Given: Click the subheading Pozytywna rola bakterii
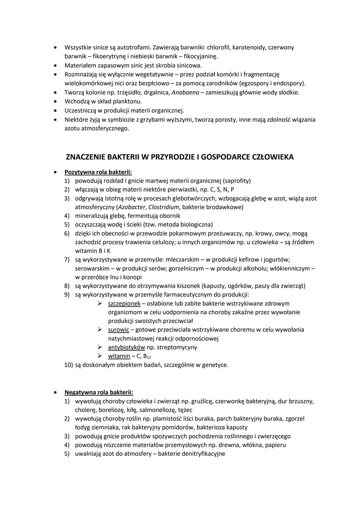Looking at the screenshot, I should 98,172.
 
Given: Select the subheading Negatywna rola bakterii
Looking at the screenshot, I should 99,392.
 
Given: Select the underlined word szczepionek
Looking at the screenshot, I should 124,304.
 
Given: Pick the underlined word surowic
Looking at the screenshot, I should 118,330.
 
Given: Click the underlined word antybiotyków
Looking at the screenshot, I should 126,347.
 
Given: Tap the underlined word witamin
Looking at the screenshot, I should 119,356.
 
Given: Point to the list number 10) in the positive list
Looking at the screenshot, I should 69,365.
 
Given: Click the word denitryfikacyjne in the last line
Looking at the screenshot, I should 202,454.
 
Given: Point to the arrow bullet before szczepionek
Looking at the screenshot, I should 100,303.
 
